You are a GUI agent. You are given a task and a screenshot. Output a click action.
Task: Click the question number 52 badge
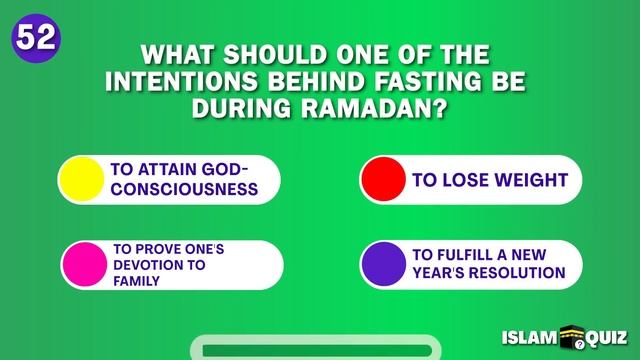click(34, 38)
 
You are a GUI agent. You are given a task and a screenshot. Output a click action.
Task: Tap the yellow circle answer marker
click(81, 179)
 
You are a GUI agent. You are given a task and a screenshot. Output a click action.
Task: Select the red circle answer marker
click(383, 180)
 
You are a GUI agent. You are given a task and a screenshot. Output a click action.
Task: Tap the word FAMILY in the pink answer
click(137, 281)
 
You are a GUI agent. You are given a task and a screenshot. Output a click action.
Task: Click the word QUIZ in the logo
click(606, 339)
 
